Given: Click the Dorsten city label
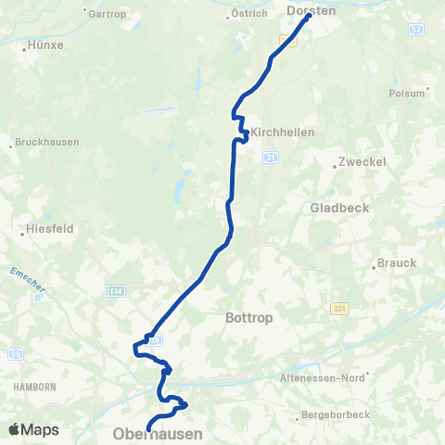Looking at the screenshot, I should [x=311, y=10].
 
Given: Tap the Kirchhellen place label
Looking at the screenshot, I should [x=282, y=133].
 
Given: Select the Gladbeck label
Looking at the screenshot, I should [x=339, y=208].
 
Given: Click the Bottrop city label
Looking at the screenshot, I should [x=247, y=317].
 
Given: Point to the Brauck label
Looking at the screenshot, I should [x=397, y=263].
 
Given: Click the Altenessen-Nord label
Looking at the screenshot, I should [x=324, y=378].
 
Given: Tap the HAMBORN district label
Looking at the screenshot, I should [x=34, y=386].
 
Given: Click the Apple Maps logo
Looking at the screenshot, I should [x=33, y=429].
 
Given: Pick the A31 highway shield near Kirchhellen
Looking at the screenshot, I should [x=270, y=159].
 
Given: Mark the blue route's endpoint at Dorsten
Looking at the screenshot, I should [x=308, y=16].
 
